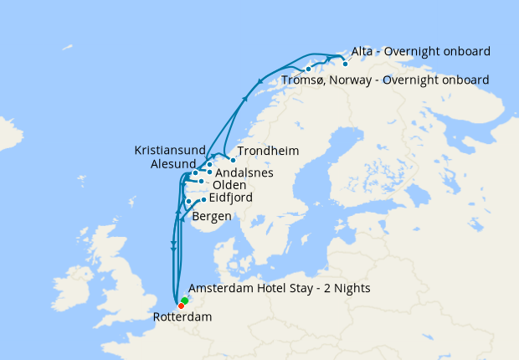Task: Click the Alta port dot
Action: click(345, 64)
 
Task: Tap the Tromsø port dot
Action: click(309, 69)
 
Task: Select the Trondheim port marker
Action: click(233, 159)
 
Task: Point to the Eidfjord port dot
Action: click(203, 198)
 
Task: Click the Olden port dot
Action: click(201, 181)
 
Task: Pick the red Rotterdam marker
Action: click(182, 305)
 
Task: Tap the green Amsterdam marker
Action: click(185, 300)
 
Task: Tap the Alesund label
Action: click(173, 164)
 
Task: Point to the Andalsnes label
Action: click(244, 173)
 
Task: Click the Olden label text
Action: click(229, 185)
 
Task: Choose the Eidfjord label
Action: click(230, 198)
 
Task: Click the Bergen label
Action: click(212, 217)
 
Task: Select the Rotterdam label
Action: click(182, 318)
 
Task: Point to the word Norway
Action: click(356, 80)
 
